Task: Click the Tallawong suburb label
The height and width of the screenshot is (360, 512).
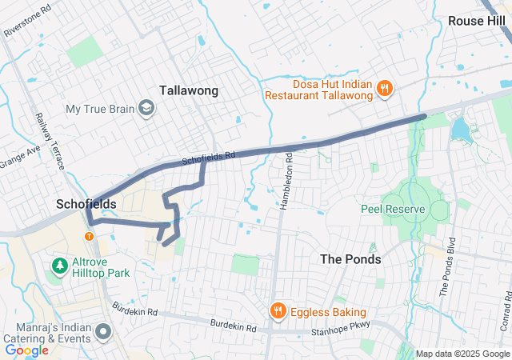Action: [189, 90]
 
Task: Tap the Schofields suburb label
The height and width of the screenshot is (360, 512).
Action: [86, 204]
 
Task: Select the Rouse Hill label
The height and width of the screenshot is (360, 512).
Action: [478, 21]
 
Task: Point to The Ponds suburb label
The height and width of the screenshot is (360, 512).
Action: [350, 259]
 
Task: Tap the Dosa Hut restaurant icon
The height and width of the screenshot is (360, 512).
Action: [384, 88]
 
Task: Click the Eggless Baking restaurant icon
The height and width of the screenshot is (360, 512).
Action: [278, 311]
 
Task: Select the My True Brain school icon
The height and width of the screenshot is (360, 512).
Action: [146, 108]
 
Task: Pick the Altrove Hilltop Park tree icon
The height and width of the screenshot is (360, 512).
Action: [58, 265]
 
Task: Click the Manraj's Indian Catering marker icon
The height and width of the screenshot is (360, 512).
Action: [103, 330]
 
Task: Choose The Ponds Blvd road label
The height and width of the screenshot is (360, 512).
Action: [447, 267]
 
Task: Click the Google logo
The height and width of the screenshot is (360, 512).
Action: [26, 350]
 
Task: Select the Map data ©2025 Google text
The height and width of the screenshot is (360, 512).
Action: [463, 354]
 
